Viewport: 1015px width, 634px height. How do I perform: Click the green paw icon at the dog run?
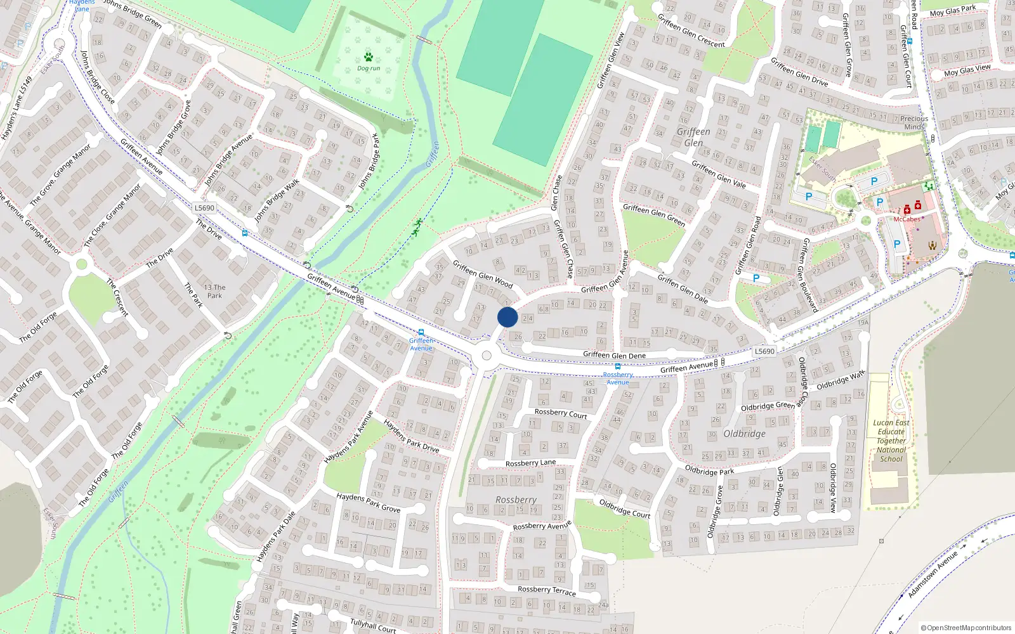click(x=369, y=57)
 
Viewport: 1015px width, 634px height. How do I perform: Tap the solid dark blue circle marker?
click(x=507, y=317)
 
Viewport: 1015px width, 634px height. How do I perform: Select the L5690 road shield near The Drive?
click(x=204, y=208)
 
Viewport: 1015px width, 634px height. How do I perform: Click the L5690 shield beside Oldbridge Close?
click(x=764, y=351)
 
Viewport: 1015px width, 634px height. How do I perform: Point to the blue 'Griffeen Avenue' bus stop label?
click(x=421, y=344)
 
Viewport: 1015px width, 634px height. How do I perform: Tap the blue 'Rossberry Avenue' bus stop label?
click(x=618, y=378)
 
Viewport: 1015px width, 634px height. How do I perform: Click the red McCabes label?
click(x=907, y=219)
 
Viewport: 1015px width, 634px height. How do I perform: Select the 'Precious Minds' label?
click(x=913, y=122)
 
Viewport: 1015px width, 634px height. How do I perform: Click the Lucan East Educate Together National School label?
click(x=891, y=441)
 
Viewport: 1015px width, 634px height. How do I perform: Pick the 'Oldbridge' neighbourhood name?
click(x=744, y=434)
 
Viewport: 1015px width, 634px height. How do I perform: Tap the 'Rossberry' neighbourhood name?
click(x=516, y=500)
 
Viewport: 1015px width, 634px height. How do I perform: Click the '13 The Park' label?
click(x=214, y=291)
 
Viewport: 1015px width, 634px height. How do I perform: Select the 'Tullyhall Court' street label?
click(x=373, y=625)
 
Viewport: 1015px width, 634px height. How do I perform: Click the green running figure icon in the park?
click(x=417, y=227)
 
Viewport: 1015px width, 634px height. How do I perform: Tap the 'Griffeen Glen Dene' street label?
click(x=614, y=355)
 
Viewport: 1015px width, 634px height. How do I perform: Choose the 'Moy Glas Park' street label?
click(x=953, y=11)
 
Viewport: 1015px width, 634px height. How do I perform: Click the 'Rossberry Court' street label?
click(x=561, y=413)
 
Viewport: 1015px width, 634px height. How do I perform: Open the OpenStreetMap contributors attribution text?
click(x=966, y=628)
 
